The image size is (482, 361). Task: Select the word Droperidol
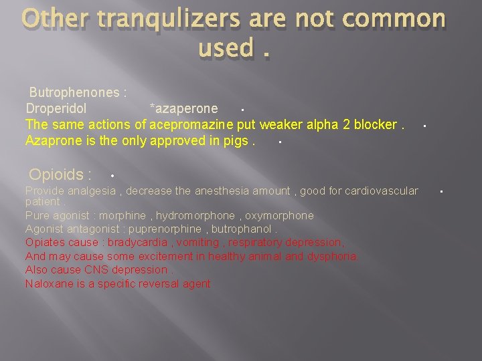point(56,108)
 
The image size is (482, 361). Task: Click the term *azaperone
point(183,108)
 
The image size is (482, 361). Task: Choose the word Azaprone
point(52,140)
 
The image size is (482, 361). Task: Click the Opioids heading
point(60,175)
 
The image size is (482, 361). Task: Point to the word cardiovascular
point(379,191)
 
